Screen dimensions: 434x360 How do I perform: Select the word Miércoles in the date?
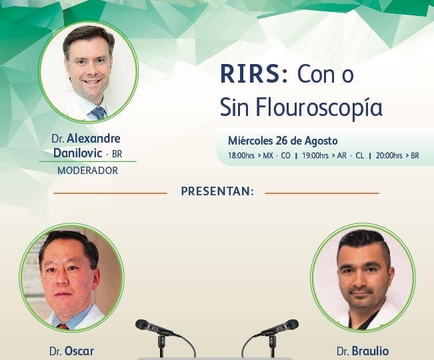tap(250, 141)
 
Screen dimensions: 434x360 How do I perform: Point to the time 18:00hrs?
tap(241, 155)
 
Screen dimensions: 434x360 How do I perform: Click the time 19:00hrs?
tap(315, 155)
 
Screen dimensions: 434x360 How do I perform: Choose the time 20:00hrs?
tap(389, 155)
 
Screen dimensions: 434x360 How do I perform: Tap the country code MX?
tap(268, 155)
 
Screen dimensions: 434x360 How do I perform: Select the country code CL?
tap(359, 155)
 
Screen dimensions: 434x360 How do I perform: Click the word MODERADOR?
tap(88, 171)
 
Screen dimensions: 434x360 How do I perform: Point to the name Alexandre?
tap(93, 139)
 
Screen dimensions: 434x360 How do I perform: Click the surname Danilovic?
tap(78, 153)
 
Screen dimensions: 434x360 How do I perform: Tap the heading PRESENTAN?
tap(217, 191)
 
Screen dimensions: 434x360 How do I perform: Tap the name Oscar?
tap(79, 351)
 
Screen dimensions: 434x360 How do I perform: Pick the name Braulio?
tap(370, 351)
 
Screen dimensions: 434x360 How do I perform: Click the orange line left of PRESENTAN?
tap(110, 193)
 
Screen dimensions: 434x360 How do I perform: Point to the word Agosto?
tap(321, 141)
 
